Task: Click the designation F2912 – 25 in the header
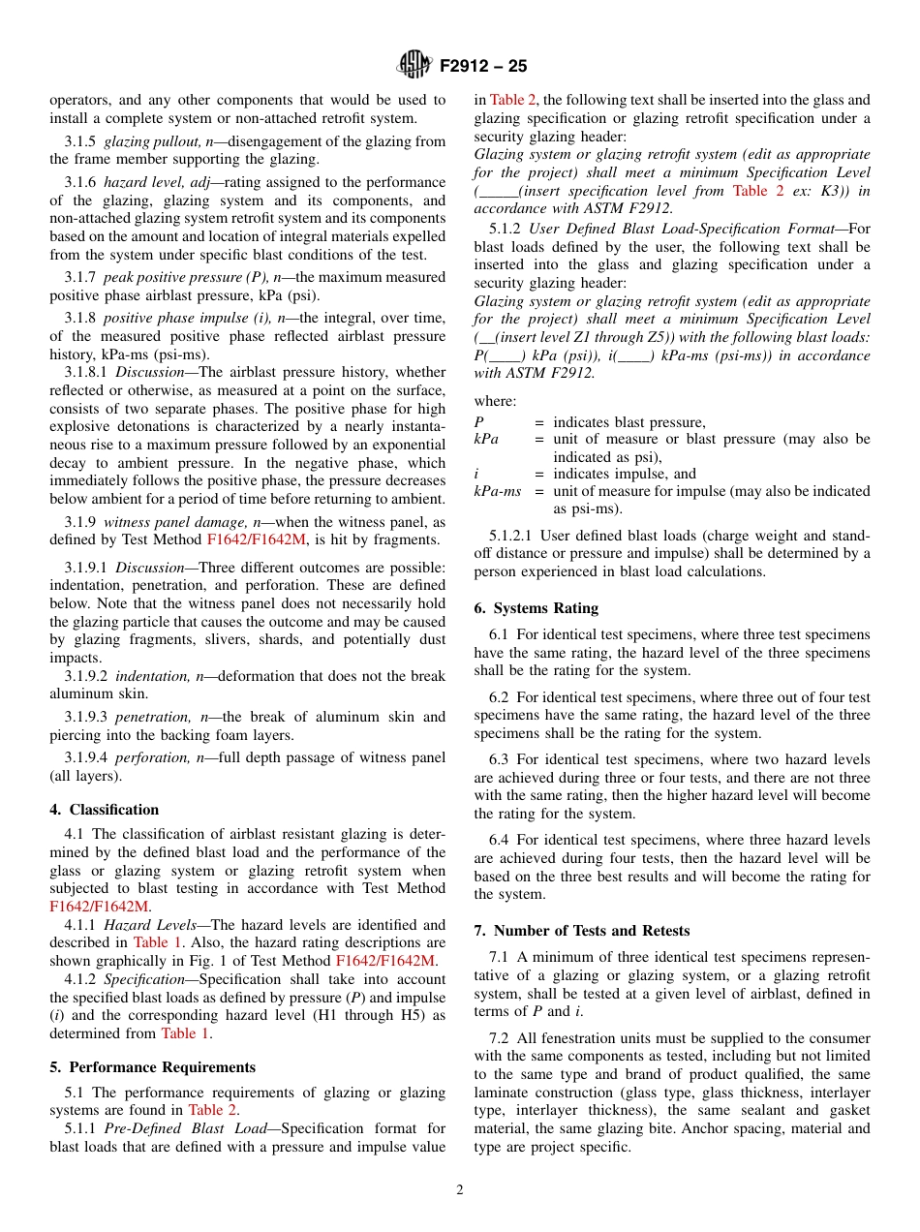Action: point(483,66)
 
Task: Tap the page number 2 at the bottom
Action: point(460,1190)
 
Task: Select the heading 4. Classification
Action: point(105,810)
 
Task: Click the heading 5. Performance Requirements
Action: point(153,1067)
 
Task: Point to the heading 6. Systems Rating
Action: point(537,608)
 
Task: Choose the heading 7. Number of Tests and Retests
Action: point(582,931)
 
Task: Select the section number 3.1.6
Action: point(80,182)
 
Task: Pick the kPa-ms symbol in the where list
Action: point(497,492)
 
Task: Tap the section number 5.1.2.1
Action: point(513,536)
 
